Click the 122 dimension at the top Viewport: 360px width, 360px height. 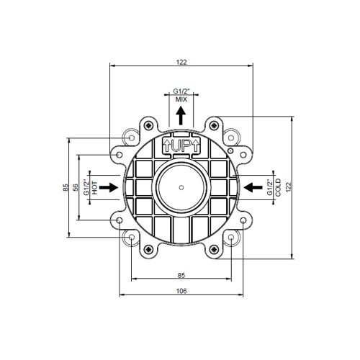pyautogui.click(x=181, y=62)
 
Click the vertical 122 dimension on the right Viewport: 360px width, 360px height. pyautogui.click(x=288, y=186)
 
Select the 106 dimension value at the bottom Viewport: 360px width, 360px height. pyautogui.click(x=181, y=291)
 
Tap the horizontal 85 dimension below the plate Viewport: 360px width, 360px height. pyautogui.click(x=181, y=275)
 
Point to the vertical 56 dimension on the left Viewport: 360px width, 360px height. pyautogui.click(x=75, y=187)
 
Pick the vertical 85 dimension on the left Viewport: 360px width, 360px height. pyautogui.click(x=66, y=187)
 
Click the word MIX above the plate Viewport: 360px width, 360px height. pyautogui.click(x=181, y=99)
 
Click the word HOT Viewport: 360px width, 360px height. pyautogui.click(x=94, y=188)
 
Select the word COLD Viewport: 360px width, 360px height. pyautogui.click(x=278, y=187)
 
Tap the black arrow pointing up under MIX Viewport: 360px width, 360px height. pyautogui.click(x=181, y=116)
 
